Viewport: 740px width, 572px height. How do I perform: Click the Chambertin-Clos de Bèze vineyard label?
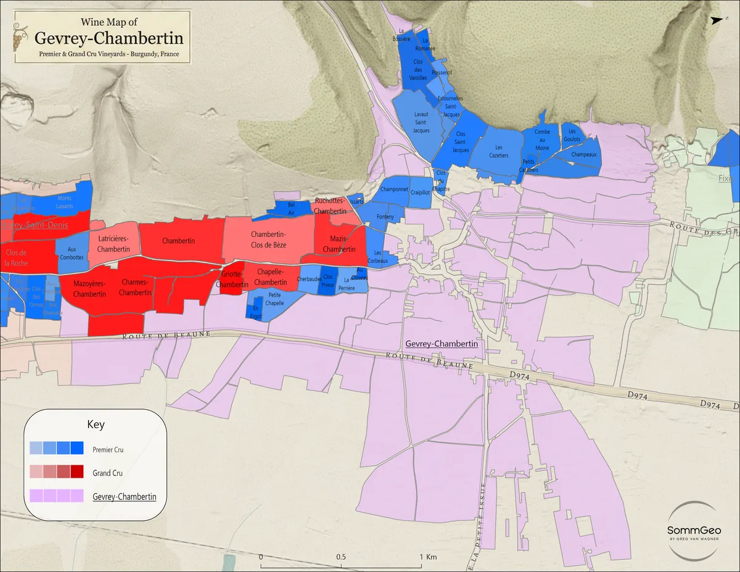(268, 239)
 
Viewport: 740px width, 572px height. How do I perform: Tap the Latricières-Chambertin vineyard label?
(113, 244)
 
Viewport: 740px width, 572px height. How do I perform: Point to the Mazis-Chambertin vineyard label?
(339, 244)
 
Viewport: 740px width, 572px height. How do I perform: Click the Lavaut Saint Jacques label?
(421, 122)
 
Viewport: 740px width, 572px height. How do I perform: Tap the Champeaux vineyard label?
(584, 154)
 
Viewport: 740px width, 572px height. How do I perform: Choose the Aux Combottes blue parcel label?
(72, 253)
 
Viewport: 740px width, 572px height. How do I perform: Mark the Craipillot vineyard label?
(420, 193)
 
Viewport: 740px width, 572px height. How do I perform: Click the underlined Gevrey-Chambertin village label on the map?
(442, 344)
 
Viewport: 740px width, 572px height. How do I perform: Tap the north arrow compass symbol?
(716, 20)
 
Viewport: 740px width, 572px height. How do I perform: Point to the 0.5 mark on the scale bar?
(341, 557)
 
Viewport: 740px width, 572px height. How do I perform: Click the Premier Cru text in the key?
(108, 450)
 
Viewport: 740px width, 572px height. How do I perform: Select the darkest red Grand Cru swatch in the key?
(77, 472)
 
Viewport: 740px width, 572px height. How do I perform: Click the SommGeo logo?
(694, 530)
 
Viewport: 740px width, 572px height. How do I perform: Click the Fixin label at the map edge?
(724, 178)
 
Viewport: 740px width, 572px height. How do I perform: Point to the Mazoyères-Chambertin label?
(89, 289)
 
